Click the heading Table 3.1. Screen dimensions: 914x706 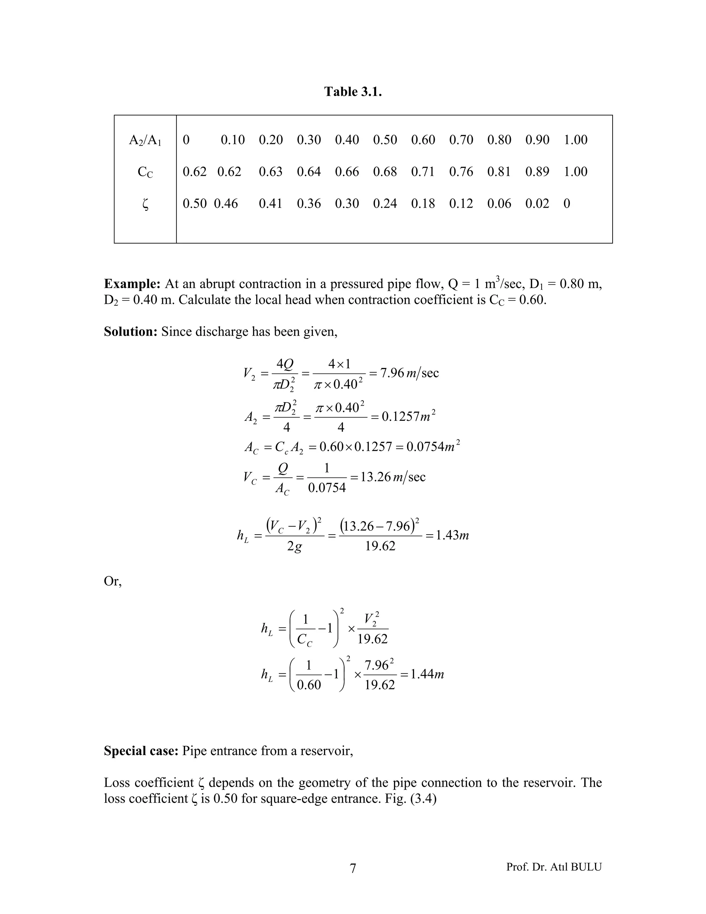pyautogui.click(x=353, y=92)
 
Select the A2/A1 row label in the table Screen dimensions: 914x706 pyautogui.click(x=145, y=140)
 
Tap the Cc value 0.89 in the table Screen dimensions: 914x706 pyautogui.click(x=537, y=171)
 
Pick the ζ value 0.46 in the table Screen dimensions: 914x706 pyautogui.click(x=225, y=204)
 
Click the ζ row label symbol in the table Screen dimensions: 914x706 pyautogui.click(x=145, y=204)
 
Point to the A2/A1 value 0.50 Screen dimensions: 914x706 pyautogui.click(x=385, y=140)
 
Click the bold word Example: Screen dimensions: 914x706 pyautogui.click(x=132, y=284)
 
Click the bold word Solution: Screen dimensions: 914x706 pyautogui.click(x=131, y=332)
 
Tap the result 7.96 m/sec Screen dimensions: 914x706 pyautogui.click(x=409, y=372)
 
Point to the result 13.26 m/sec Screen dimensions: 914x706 pyautogui.click(x=392, y=477)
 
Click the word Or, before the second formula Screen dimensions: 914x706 pyautogui.click(x=112, y=581)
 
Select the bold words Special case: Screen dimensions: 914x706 pyautogui.click(x=141, y=751)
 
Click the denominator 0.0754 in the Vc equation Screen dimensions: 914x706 pyautogui.click(x=327, y=488)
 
